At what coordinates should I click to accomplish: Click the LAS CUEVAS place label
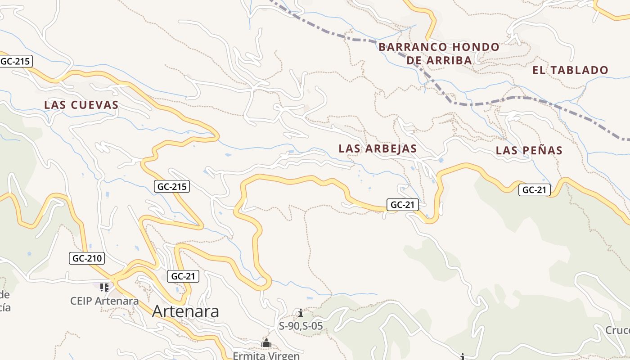tap(81, 105)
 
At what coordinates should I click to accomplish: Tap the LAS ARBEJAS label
tap(378, 148)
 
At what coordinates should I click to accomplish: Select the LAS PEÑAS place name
tap(529, 151)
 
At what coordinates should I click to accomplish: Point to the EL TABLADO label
tap(570, 70)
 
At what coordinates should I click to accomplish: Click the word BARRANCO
tap(413, 47)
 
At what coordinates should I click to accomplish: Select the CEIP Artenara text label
tap(104, 301)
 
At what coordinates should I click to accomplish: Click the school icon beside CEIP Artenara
tap(104, 287)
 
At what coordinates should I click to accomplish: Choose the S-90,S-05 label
tap(301, 326)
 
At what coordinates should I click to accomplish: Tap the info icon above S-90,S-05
tap(301, 313)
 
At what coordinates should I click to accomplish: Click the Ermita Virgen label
tap(266, 356)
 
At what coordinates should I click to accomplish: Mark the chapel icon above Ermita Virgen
tap(266, 343)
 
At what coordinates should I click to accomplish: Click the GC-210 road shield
tap(87, 258)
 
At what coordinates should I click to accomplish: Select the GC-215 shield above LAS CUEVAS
tap(16, 61)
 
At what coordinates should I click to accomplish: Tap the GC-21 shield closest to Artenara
tap(183, 276)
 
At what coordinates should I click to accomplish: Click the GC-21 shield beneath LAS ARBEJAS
tap(402, 205)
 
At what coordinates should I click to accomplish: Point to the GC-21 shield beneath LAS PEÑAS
tap(534, 190)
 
